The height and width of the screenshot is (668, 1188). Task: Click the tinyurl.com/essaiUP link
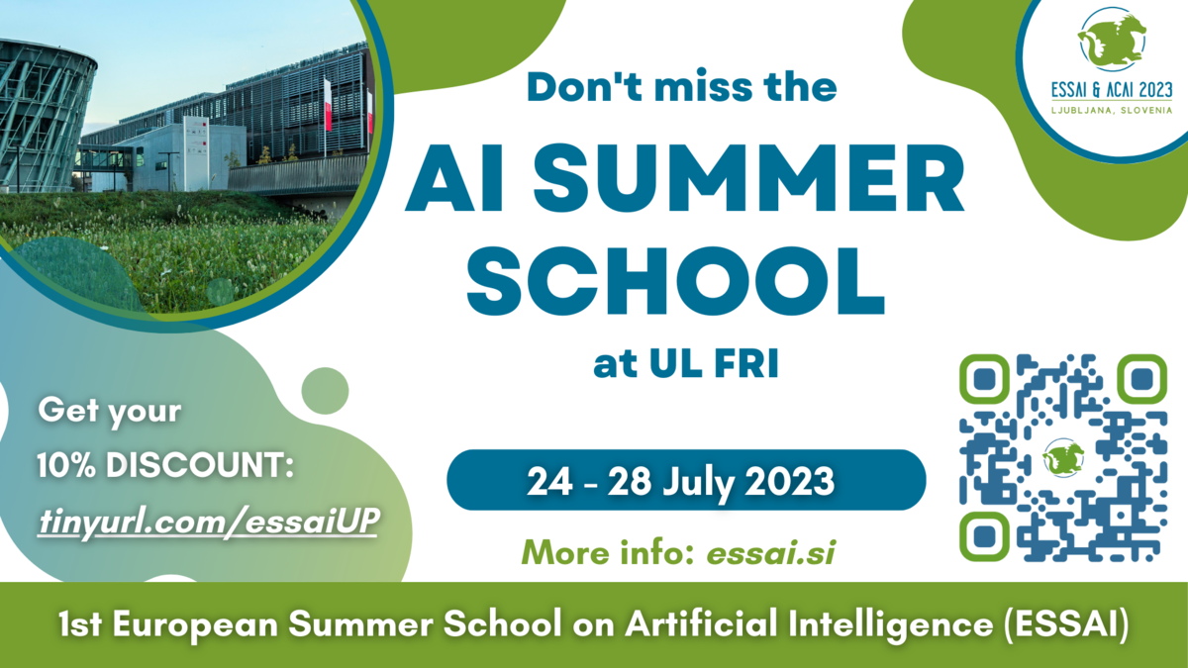point(209,523)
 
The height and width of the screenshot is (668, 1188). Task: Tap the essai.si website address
point(771,553)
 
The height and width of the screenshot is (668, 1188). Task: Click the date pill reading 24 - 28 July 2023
point(686,480)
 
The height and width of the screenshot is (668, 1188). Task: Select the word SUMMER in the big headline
point(748,178)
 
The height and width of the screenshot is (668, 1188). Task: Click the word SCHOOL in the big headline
point(675,281)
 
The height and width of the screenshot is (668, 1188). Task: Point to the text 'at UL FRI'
point(686,364)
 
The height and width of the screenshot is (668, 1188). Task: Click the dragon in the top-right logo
point(1111,40)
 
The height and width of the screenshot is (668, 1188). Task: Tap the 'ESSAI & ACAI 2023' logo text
point(1112,90)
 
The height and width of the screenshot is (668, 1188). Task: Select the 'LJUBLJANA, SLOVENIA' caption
point(1112,110)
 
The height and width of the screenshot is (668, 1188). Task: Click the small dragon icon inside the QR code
point(1063,458)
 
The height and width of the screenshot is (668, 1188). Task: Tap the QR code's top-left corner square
point(984,378)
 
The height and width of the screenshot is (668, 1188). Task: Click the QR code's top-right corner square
point(1142,378)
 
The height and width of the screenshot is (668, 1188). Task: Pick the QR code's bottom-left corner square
point(984,536)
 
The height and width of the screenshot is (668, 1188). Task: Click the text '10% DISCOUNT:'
point(165,465)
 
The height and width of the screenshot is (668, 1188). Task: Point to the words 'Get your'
point(110,412)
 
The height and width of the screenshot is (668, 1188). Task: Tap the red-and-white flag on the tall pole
point(328,105)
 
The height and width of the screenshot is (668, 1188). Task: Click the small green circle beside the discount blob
point(325,391)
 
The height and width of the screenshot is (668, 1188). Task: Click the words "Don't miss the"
point(682,86)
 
